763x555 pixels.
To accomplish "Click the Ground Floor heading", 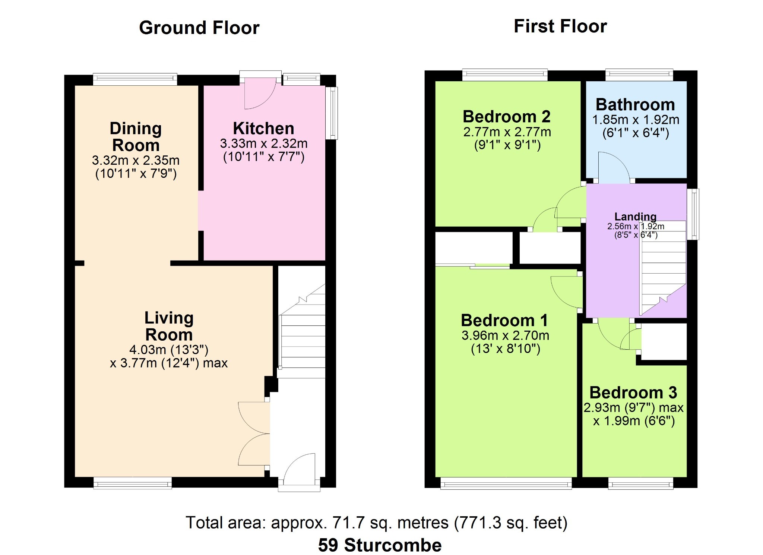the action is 199,28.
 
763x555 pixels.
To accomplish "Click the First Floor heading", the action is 560,26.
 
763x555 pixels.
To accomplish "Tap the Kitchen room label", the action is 263,129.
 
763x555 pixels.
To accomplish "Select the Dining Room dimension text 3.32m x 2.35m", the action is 136,160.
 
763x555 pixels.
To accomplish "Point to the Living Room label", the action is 169,326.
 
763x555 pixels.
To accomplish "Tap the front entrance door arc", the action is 294,462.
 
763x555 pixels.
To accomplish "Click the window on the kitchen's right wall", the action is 331,113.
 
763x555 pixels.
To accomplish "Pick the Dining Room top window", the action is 135,79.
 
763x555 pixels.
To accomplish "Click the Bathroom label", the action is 635,104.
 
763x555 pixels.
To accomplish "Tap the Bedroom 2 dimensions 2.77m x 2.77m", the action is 507,132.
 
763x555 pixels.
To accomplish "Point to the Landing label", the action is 636,216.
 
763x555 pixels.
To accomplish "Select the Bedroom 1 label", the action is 504,320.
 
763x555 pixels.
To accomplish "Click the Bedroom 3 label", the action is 633,392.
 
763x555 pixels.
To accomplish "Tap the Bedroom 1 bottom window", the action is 506,483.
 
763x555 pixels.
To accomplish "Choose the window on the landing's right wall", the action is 693,214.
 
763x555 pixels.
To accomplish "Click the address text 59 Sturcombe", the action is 380,545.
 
